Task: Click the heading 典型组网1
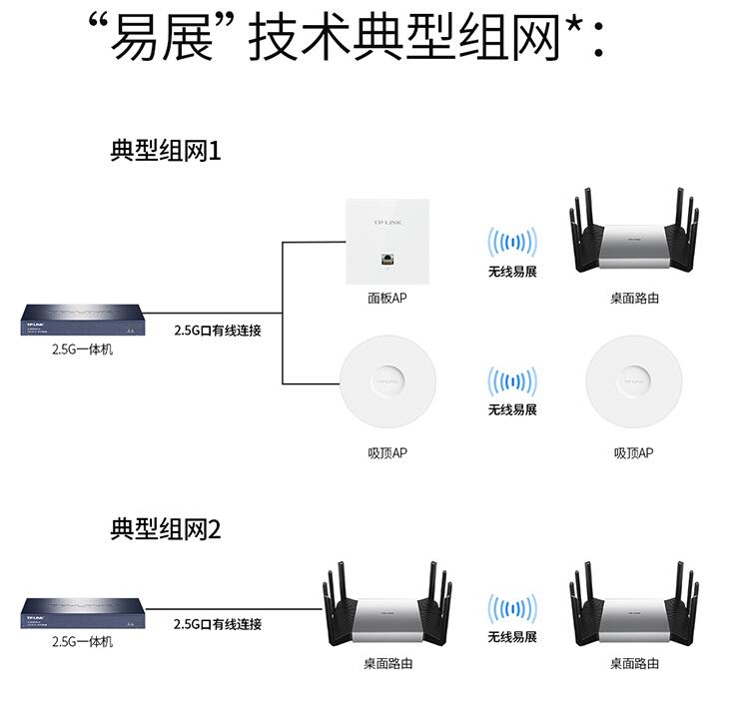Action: click(x=164, y=152)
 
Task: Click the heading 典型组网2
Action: click(x=164, y=529)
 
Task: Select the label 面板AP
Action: click(x=385, y=299)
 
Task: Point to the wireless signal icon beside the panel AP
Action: click(x=511, y=243)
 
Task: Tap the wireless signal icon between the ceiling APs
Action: click(x=511, y=380)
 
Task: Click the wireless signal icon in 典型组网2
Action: click(x=511, y=607)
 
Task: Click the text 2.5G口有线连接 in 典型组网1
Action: click(x=217, y=330)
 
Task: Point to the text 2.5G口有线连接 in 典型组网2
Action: click(x=217, y=624)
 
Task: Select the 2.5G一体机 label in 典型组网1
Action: click(x=82, y=350)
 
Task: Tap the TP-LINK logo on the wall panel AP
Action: click(x=385, y=221)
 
